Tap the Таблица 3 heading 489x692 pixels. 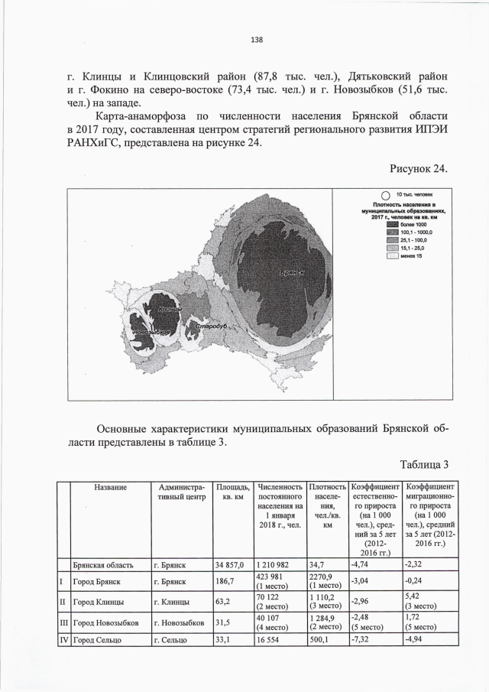click(x=421, y=464)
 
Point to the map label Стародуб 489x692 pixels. click(x=211, y=327)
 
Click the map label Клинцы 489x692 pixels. click(x=169, y=308)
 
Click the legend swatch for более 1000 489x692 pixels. click(x=393, y=223)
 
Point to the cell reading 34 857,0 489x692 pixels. click(x=230, y=565)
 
